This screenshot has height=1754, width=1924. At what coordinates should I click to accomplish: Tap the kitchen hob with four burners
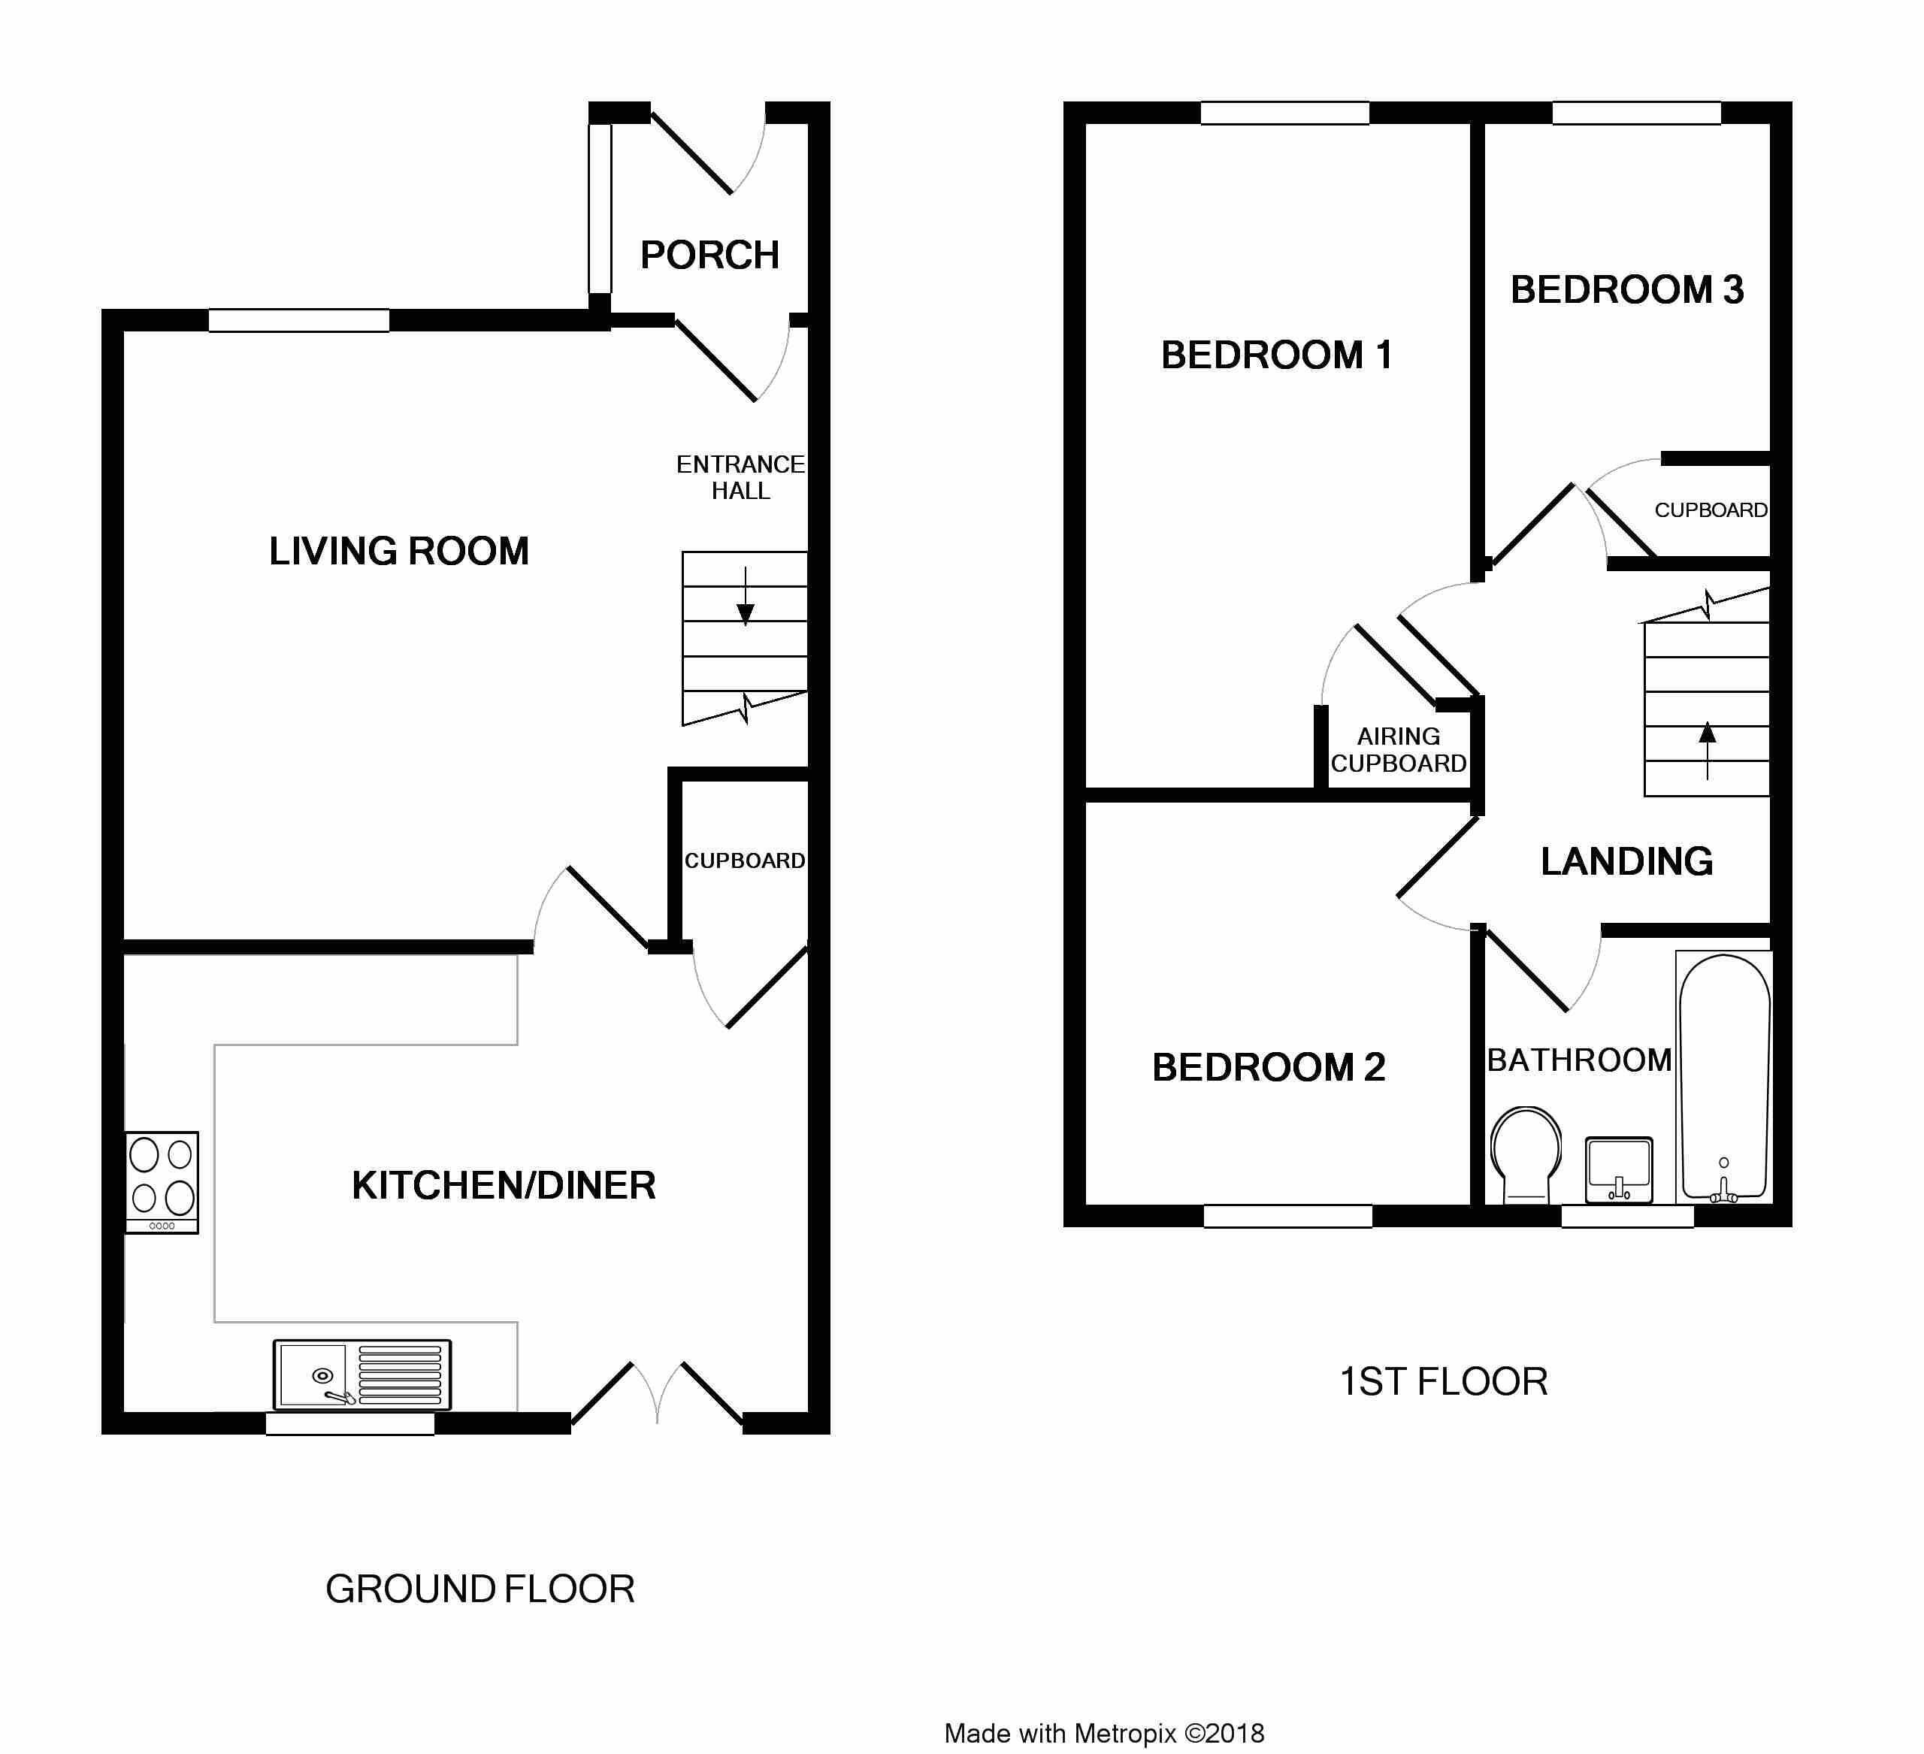pos(162,1182)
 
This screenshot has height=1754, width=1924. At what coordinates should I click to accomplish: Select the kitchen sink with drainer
pos(362,1374)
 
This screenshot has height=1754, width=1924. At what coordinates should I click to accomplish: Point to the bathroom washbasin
pos(1619,1170)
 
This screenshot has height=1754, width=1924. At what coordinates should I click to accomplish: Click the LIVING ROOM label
pos(399,552)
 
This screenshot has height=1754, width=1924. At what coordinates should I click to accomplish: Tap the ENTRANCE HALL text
pos(740,477)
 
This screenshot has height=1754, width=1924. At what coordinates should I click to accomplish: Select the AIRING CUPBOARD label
pos(1399,750)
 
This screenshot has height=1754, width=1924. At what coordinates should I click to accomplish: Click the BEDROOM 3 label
pos(1627,290)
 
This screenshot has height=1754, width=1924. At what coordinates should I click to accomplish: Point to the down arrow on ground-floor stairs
pos(746,597)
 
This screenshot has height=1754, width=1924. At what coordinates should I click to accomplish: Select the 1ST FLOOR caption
pos(1444,1382)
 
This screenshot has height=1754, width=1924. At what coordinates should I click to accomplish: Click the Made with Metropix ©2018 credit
pos(1104,1733)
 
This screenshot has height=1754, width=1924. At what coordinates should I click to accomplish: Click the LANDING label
pos(1626,862)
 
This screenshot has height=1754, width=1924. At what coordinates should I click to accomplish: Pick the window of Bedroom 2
pos(1287,1216)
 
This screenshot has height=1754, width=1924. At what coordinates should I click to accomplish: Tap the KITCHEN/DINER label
pos(504,1186)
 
